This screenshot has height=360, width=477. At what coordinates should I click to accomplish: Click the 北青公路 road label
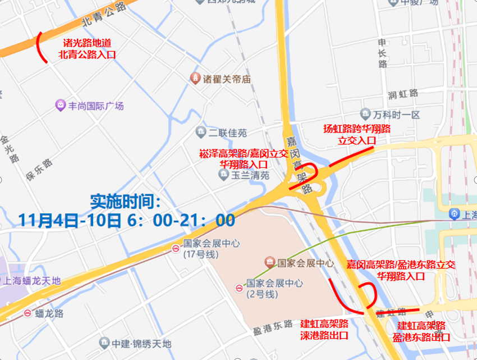[x=104, y=16]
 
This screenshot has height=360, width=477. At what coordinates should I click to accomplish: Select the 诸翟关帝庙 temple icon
[x=195, y=79]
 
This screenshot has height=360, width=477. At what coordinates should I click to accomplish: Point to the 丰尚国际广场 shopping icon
[x=60, y=105]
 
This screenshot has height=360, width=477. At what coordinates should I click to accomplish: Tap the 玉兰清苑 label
[x=250, y=175]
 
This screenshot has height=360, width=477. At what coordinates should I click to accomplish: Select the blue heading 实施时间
[x=126, y=201]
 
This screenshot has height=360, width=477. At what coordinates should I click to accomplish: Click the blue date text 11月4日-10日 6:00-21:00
[x=126, y=220]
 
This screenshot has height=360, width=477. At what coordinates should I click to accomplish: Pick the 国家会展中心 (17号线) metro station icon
[x=176, y=248]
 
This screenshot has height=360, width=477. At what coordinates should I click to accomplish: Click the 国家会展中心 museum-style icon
[x=270, y=262]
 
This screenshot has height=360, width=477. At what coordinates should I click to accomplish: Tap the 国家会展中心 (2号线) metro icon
[x=239, y=289]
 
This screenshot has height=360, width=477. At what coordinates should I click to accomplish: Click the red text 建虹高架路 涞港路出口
[x=324, y=330]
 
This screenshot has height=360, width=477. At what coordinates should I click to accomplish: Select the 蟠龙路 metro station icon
[x=27, y=313]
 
